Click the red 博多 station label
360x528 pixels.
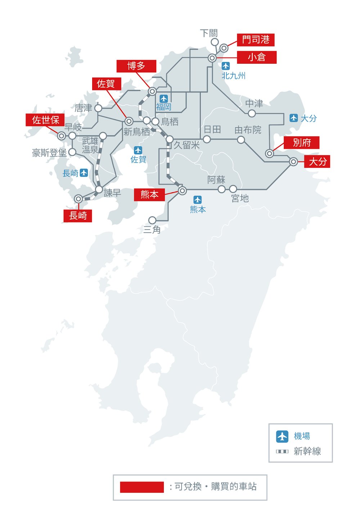point(136,66)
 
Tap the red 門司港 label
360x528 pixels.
point(256,40)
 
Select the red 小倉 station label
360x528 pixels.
point(256,57)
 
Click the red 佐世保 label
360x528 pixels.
point(45,120)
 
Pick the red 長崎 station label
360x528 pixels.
point(78,216)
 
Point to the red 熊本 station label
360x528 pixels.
point(149,194)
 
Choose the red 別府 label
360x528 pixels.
point(301,143)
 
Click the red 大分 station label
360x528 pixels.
point(317,162)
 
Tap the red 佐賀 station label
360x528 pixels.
point(107,84)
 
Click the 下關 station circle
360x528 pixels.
point(215,42)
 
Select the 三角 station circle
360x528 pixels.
point(152,220)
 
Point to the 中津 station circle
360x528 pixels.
point(252,113)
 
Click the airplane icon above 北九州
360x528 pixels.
point(226,66)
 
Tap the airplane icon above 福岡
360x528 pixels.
point(164,98)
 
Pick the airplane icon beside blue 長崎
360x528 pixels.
point(84,173)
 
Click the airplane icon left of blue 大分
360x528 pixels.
point(294,118)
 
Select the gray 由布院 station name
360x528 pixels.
point(248,130)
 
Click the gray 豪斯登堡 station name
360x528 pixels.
point(49,153)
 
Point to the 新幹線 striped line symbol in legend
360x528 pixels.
point(282,451)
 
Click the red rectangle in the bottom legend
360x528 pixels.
point(142,487)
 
